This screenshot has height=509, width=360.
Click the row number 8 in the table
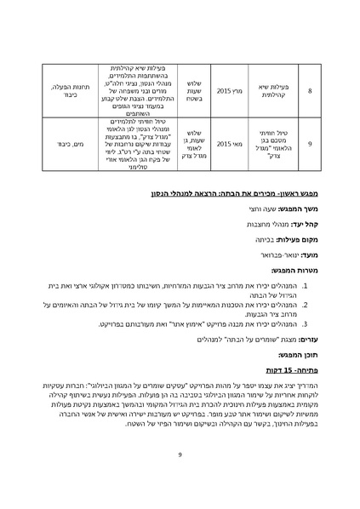point(309,88)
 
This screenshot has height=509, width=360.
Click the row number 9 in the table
point(309,145)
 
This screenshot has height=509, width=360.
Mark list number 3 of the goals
point(305,323)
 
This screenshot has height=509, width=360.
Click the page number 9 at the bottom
point(180,455)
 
